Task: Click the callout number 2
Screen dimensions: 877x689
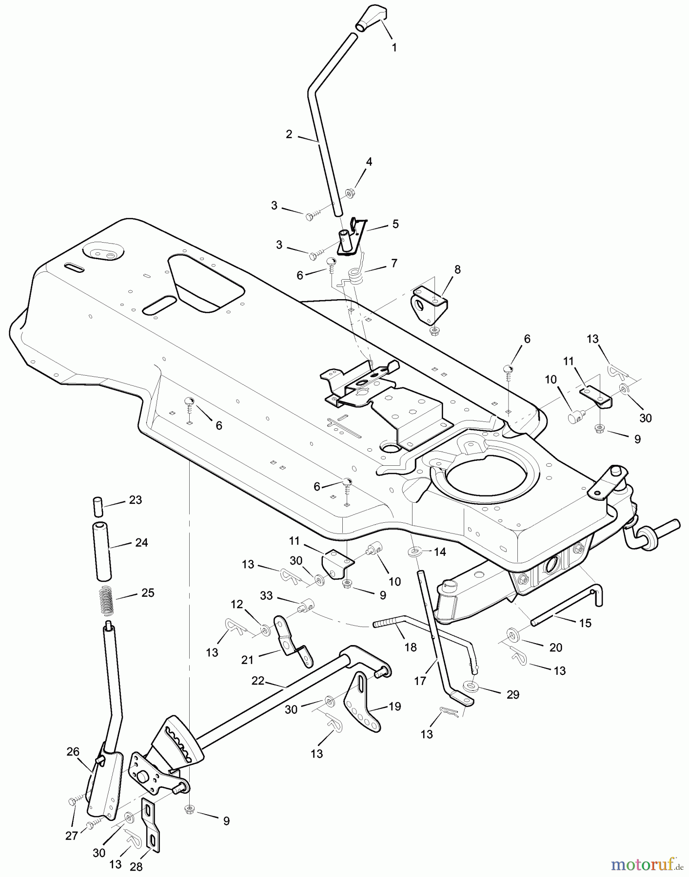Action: (x=289, y=134)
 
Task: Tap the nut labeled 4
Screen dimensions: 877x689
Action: (x=350, y=193)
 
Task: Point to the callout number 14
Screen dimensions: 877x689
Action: (x=440, y=552)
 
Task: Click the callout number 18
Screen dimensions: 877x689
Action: (x=411, y=647)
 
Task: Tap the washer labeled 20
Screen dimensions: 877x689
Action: (x=513, y=635)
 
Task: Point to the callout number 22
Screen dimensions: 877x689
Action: (x=258, y=681)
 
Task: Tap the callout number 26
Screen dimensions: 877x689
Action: (x=73, y=752)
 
